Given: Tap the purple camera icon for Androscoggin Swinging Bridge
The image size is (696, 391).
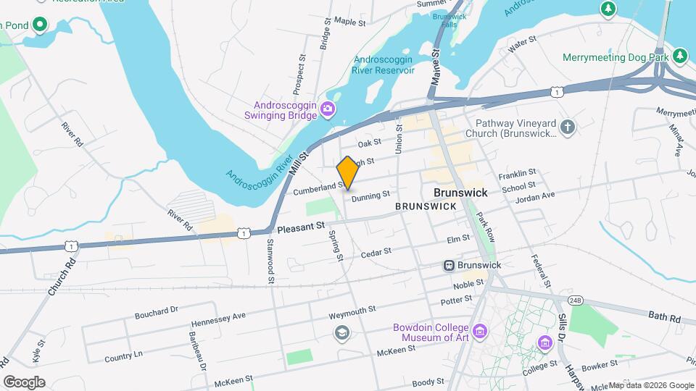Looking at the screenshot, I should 328,109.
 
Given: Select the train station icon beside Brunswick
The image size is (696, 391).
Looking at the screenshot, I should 449,266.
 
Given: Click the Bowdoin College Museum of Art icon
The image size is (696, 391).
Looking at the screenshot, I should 481,332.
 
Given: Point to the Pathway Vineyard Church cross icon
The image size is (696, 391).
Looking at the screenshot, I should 568,128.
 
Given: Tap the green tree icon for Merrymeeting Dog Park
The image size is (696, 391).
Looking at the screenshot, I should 679,56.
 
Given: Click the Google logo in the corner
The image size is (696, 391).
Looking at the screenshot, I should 24,382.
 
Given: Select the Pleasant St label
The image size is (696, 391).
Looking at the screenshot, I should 300,227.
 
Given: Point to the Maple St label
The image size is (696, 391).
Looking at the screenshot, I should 349,22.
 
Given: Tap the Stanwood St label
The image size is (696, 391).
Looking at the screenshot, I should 270,261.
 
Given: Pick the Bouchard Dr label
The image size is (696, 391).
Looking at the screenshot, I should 156,313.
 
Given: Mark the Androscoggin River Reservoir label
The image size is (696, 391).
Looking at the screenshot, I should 383,65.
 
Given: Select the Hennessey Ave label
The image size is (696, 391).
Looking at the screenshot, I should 219,319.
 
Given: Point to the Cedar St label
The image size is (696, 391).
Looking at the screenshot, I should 376,252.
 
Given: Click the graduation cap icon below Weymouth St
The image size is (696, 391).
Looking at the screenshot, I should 341,332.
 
